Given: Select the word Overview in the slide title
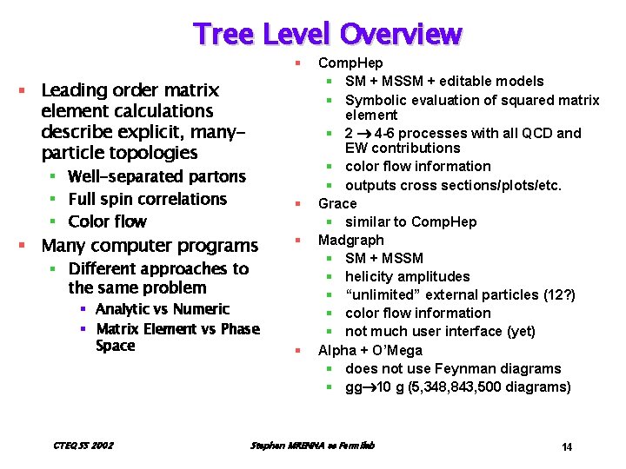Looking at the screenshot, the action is point(401,34).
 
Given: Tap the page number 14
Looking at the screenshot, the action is point(566,447).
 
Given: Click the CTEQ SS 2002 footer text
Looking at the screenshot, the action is point(83,446).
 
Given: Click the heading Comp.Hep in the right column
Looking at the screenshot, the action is point(350,63).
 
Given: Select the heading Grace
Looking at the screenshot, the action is point(337,203).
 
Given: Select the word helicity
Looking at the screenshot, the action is point(371,276).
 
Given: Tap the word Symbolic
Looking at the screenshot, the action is point(375,100).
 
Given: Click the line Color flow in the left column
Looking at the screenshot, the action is point(107,221).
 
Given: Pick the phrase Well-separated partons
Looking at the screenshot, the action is point(156,176).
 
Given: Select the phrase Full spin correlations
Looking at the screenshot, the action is point(147,199).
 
